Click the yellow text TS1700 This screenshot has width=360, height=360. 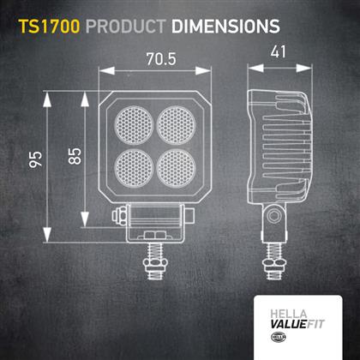click(x=49, y=27)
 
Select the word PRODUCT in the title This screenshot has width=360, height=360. click(x=126, y=27)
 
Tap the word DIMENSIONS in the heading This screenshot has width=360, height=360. click(x=225, y=27)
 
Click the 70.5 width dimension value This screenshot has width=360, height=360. click(x=161, y=59)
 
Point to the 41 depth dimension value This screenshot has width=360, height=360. click(x=278, y=51)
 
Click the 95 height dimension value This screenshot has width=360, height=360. click(x=36, y=159)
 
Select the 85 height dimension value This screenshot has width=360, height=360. click(x=75, y=156)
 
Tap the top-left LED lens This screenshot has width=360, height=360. click(x=134, y=125)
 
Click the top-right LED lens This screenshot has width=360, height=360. click(x=177, y=125)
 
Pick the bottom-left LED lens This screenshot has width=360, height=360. click(x=134, y=168)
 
